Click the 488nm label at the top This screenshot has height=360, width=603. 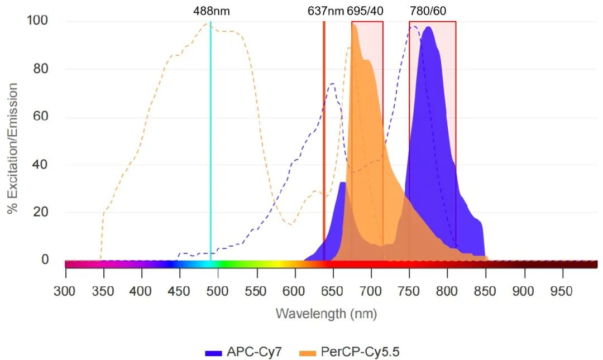(x=211, y=11)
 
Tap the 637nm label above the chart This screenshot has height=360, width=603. (x=326, y=11)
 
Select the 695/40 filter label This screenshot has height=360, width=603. (x=365, y=11)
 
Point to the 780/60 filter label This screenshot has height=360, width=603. (x=428, y=11)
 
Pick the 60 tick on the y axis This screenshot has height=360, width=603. (x=41, y=117)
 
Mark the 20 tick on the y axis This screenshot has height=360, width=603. (x=41, y=212)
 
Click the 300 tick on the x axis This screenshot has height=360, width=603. (x=65, y=291)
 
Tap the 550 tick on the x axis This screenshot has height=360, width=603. (x=256, y=291)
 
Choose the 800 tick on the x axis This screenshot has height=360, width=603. (x=447, y=291)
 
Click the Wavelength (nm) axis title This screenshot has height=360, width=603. (x=326, y=314)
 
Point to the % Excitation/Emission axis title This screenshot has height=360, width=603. (x=12, y=148)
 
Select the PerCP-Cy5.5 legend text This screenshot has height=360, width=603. (x=361, y=352)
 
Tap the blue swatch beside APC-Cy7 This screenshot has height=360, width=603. (x=214, y=353)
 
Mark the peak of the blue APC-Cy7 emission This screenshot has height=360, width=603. (x=428, y=27)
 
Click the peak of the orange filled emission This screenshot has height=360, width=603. (x=355, y=25)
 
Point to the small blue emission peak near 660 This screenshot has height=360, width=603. (x=342, y=183)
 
